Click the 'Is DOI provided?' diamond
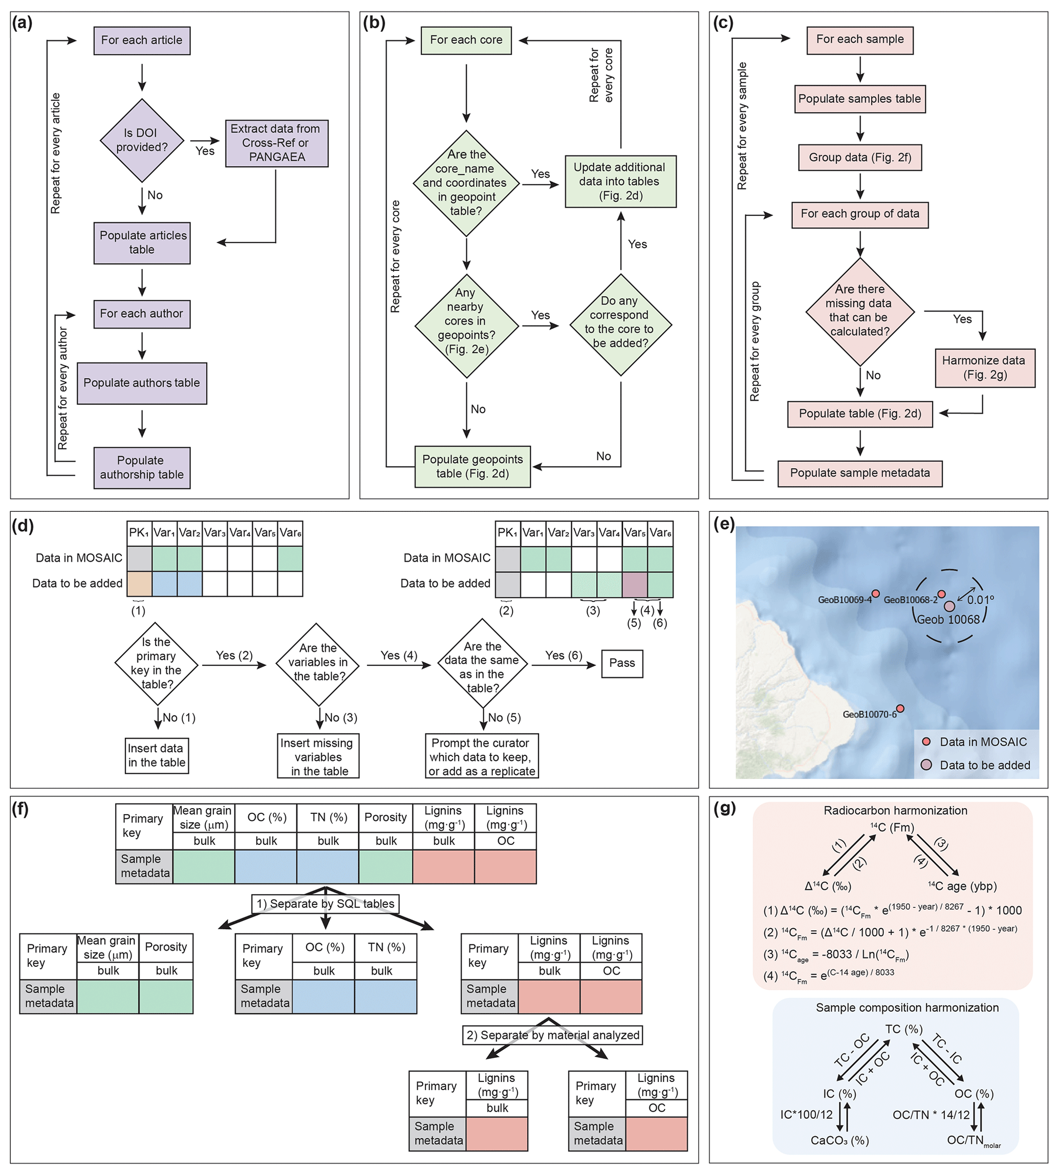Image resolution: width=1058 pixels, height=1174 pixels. tap(142, 140)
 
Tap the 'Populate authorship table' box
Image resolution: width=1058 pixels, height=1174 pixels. tap(142, 467)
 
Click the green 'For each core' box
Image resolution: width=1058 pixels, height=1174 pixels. tap(466, 40)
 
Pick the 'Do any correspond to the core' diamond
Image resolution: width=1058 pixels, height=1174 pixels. tap(620, 324)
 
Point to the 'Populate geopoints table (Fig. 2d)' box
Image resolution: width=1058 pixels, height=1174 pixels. tap(472, 466)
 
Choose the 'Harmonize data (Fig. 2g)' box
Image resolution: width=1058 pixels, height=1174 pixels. tap(984, 367)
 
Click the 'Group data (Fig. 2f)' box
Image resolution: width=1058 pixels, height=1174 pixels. tap(859, 158)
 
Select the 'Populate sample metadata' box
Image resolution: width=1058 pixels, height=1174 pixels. tap(859, 473)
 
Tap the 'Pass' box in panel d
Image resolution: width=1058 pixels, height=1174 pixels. tap(621, 663)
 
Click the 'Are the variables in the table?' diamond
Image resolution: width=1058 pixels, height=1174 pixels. tap(317, 663)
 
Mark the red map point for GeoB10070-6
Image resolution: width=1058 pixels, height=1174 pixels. tap(900, 708)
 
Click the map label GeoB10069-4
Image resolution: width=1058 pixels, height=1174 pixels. tap(844, 600)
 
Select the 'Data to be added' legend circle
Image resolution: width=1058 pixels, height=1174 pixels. tap(926, 765)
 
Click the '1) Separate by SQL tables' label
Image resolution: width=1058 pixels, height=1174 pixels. tap(326, 904)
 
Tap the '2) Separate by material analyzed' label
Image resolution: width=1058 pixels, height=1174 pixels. tap(552, 1035)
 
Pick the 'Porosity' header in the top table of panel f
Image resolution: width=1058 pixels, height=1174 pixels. tap(385, 817)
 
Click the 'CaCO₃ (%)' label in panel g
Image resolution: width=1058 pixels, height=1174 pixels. tap(839, 1140)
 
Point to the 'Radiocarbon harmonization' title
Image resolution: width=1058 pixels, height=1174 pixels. tap(895, 810)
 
